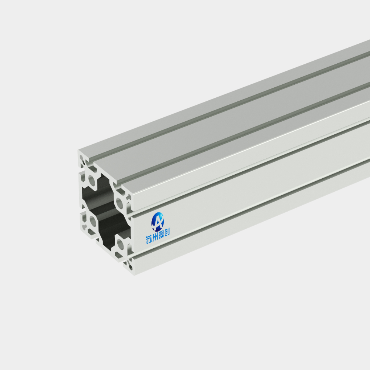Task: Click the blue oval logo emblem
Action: [x=158, y=222]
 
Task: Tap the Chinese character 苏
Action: [x=149, y=239]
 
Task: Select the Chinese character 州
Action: [x=155, y=237]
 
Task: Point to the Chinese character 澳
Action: [x=161, y=235]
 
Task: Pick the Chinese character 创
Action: [x=167, y=232]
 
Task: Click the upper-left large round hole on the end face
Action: [x=92, y=181]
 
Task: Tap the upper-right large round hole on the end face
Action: [x=120, y=203]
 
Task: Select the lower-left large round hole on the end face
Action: [x=93, y=222]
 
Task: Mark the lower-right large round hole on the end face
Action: [x=120, y=245]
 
